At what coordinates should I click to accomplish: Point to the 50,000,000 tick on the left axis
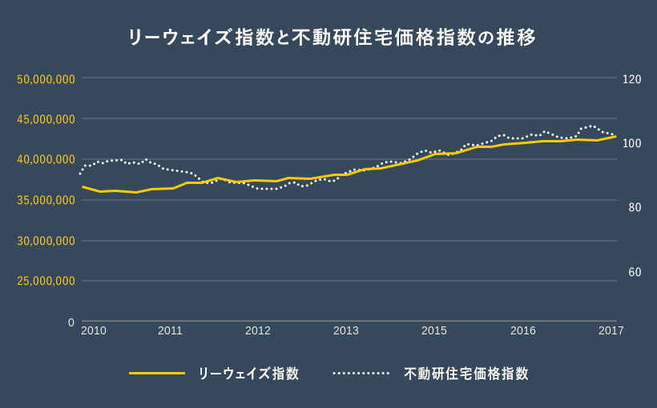pos(46,78)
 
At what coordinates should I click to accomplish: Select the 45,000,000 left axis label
pos(46,119)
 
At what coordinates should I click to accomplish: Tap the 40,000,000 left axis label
pos(46,159)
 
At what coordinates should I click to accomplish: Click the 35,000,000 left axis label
pos(46,200)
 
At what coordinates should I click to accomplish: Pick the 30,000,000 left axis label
pos(46,241)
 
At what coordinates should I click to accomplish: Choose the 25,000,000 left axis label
pos(46,281)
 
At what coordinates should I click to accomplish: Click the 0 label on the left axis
pos(71,322)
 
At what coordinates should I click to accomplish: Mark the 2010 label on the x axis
pos(94,330)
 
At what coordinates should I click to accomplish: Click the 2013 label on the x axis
pos(346,330)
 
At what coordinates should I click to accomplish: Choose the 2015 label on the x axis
pos(434,330)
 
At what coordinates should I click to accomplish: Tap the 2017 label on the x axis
pos(611,330)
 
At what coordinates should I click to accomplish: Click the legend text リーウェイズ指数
pos(249,374)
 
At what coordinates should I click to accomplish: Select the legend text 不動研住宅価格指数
pos(466,374)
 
